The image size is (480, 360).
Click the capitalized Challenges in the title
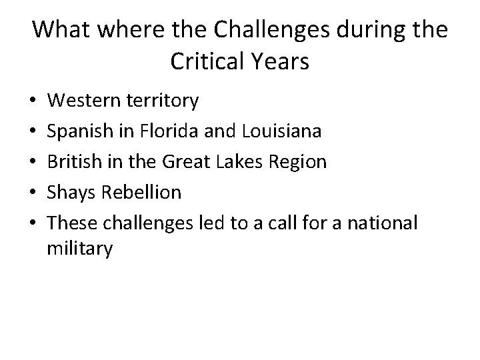(259, 31)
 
